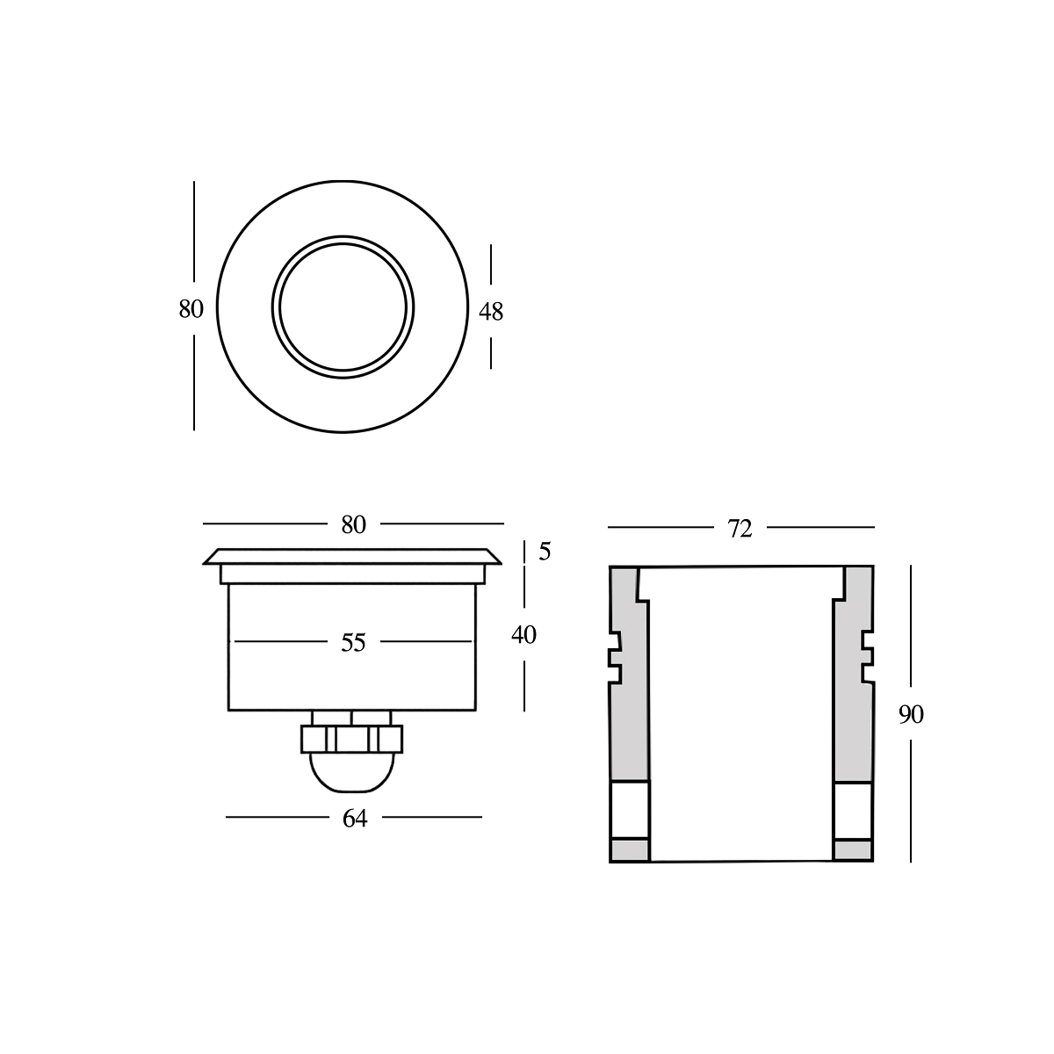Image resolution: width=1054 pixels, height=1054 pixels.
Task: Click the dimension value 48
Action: [491, 311]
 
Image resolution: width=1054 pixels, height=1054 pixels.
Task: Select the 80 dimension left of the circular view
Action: [191, 309]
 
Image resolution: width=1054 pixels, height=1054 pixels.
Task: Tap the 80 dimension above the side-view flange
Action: [353, 524]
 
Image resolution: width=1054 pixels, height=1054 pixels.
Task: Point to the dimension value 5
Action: [545, 552]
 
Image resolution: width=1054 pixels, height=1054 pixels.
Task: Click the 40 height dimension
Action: [523, 634]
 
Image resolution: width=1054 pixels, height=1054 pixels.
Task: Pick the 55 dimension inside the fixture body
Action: [353, 643]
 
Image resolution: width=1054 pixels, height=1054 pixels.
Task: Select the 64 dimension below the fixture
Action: [354, 819]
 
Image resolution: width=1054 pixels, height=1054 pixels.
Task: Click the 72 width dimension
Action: [740, 529]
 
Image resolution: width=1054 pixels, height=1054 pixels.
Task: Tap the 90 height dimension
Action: [911, 715]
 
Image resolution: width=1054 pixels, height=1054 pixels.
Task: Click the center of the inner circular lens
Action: [343, 307]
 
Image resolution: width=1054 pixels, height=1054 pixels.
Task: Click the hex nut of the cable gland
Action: [351, 739]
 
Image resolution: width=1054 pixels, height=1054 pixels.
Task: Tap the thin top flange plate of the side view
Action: [353, 557]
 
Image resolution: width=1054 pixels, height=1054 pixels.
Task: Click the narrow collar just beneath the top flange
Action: [353, 574]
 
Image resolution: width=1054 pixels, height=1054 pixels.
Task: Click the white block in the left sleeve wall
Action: [630, 809]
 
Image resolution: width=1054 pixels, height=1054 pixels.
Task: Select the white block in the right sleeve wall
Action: [852, 809]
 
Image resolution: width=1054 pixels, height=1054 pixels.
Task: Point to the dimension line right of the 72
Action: [821, 527]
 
